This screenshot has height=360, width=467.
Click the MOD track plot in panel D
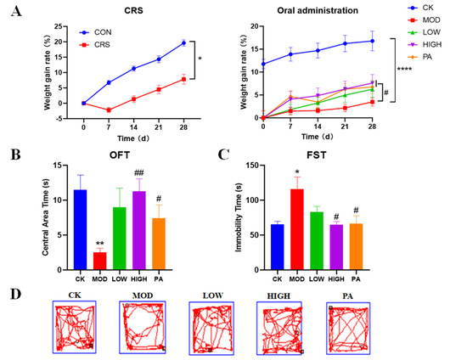tap(140, 326)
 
